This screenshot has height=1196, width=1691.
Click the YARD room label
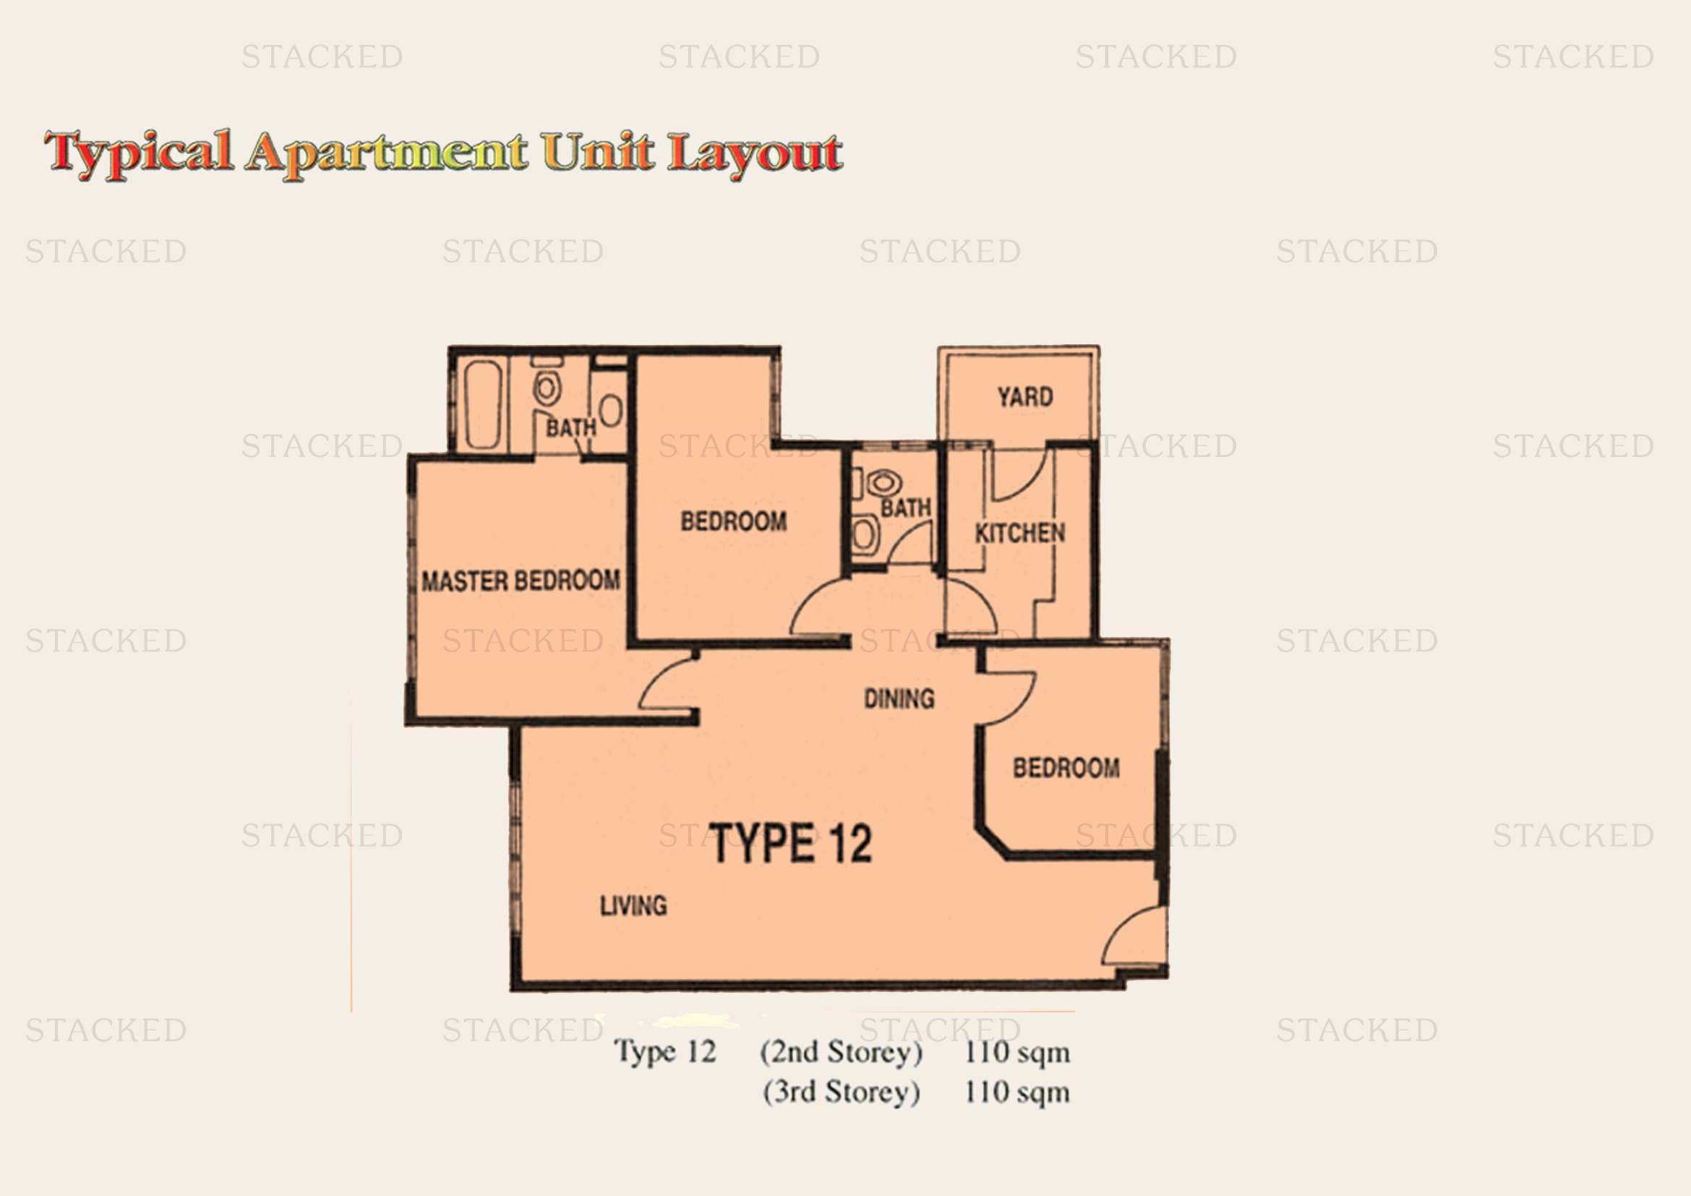1025,397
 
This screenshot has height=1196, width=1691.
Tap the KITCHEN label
1020,532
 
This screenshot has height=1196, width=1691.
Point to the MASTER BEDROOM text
521,581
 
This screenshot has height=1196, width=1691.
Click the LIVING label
633,905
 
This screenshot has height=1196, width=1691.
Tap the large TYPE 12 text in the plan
790,843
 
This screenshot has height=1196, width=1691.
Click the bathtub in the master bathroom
484,403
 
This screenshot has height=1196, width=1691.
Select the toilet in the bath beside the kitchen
883,483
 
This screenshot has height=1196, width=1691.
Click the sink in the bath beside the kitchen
865,533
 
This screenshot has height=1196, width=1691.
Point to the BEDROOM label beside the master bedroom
734,521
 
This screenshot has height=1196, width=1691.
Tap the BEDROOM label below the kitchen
1066,768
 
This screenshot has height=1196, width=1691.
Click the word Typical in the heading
139,153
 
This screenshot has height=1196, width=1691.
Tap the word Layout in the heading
755,155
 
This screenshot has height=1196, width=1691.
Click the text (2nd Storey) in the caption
841,1051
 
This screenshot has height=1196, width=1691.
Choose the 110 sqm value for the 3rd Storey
1017,1092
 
